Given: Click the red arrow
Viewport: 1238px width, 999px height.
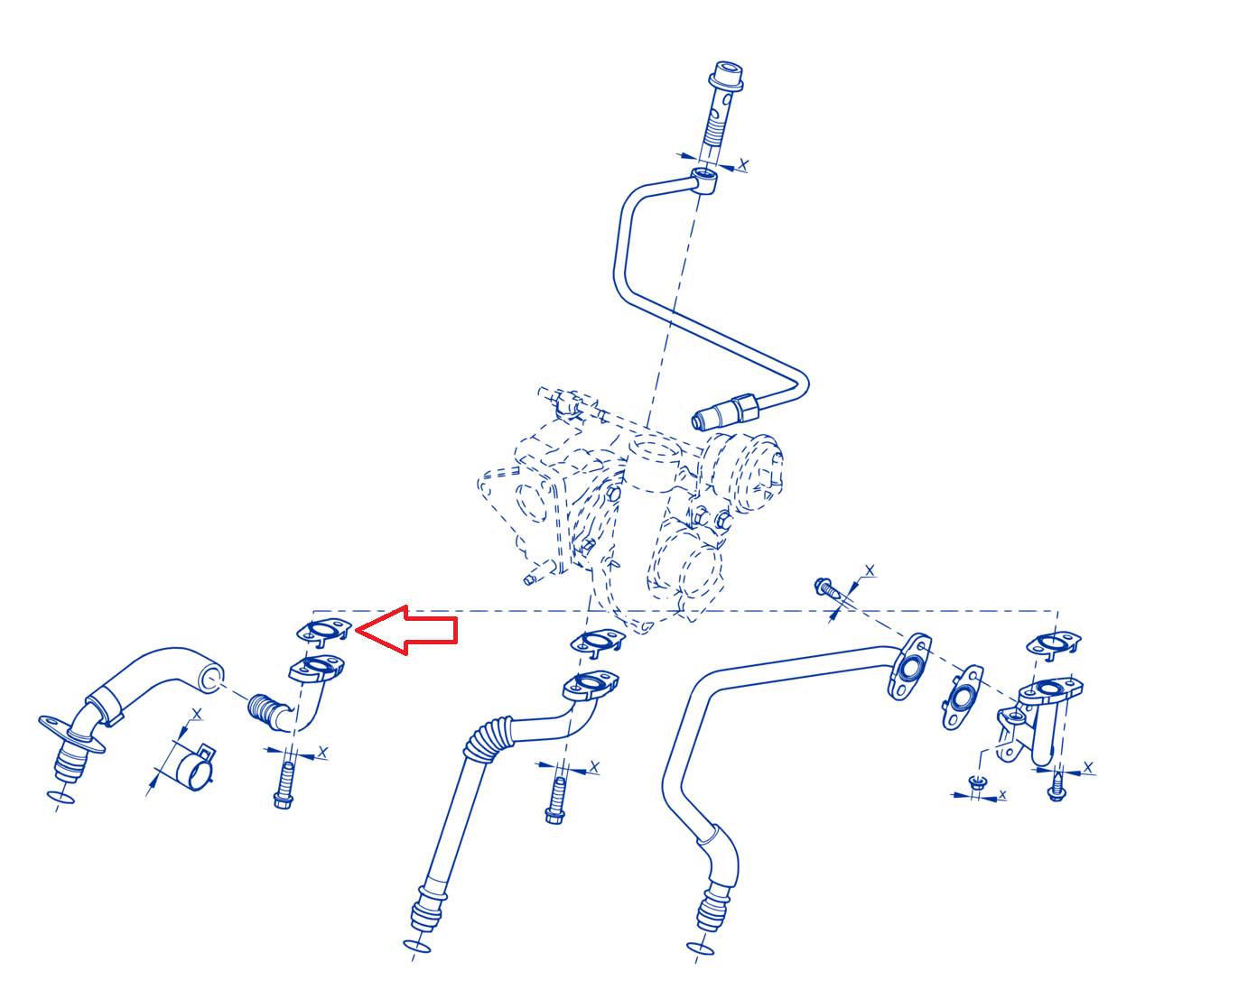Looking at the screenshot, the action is pos(407,630).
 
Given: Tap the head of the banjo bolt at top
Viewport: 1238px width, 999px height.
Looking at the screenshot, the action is pos(725,76).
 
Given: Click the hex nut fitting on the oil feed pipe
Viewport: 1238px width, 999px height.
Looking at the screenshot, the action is pos(745,408).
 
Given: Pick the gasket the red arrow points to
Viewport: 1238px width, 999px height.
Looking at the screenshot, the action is pos(324,632).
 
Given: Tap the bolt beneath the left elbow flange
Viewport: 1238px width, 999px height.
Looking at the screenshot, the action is pos(284,785).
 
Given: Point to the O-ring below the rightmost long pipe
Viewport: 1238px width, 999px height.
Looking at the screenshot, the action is pos(701,948).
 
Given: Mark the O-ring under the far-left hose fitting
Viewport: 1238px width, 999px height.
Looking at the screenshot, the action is pos(61,798).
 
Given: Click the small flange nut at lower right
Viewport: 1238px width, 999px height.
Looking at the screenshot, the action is pos(976,782).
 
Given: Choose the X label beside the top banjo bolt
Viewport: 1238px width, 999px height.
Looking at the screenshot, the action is pos(743,164).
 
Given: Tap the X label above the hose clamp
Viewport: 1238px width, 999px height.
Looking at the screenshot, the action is pos(197,714).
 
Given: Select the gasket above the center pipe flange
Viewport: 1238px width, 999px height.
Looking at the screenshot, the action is pos(598,642).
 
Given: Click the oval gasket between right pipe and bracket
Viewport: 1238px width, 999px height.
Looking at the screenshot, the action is pos(963,697).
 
